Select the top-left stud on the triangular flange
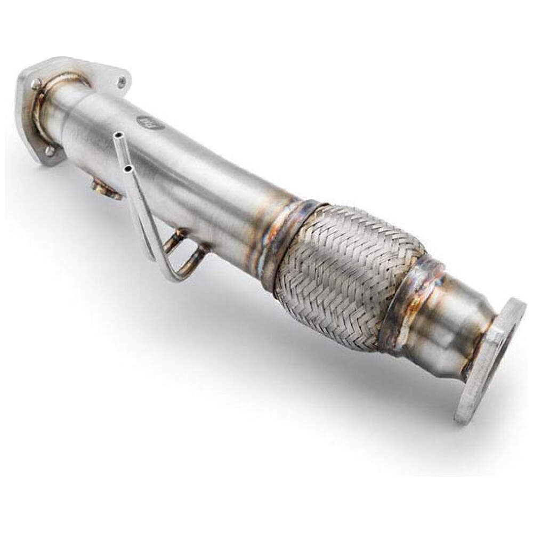[x=36, y=84]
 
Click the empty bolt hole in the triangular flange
[x=123, y=82]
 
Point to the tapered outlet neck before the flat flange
[x=453, y=325]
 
